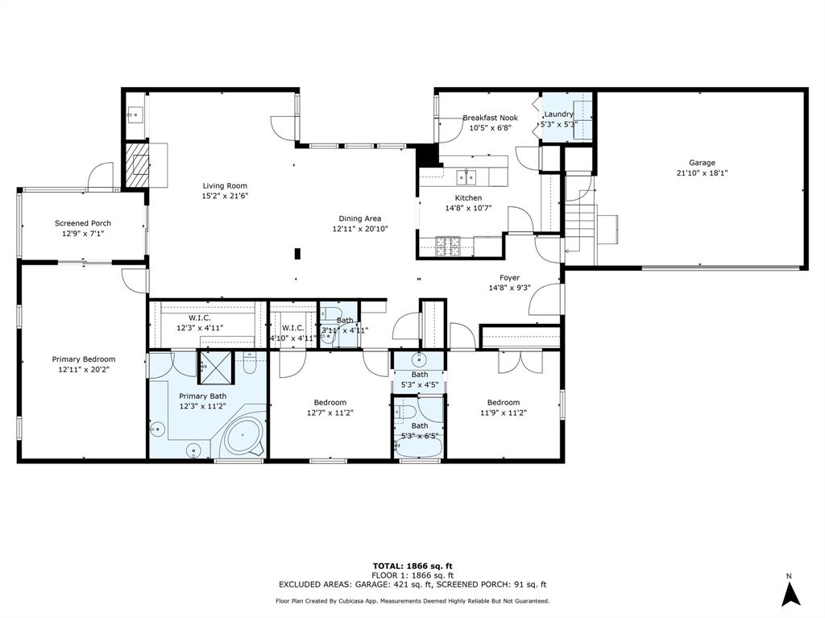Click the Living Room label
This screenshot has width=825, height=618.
pos(224,185)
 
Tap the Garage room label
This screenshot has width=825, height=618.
pos(701,162)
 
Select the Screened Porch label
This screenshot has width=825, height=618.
pos(83,223)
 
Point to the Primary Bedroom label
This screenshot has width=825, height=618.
pos(83,359)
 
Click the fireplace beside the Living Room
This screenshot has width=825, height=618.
pos(136,165)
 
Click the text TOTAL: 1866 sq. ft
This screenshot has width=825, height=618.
pos(412,565)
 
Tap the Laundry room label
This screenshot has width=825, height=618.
pos(558,114)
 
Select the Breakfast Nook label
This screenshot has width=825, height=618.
pos(490,118)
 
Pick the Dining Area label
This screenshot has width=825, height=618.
pos(359,218)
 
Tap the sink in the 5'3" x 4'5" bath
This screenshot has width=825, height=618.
pos(419,359)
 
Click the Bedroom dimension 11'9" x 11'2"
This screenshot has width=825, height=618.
pos(503,413)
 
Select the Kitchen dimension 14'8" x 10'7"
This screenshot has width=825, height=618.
pos(468,208)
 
